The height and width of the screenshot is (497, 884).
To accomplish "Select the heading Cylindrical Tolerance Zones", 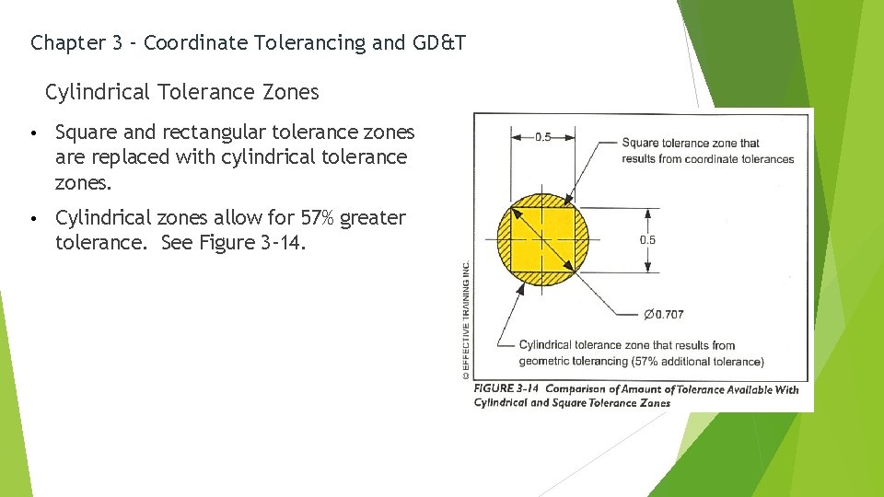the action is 182,92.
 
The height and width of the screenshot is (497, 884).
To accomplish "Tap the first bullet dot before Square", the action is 32,133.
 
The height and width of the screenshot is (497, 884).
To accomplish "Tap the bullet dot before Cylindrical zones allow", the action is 32,219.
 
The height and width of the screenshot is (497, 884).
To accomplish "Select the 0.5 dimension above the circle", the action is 543,137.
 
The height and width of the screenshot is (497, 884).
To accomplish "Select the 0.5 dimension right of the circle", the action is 648,239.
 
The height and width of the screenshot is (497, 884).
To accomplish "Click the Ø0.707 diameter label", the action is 663,314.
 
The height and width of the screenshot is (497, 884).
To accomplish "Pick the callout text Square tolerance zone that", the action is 691,143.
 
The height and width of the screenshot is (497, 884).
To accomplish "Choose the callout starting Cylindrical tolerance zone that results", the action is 626,345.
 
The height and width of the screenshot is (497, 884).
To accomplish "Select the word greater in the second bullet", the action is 373,218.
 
